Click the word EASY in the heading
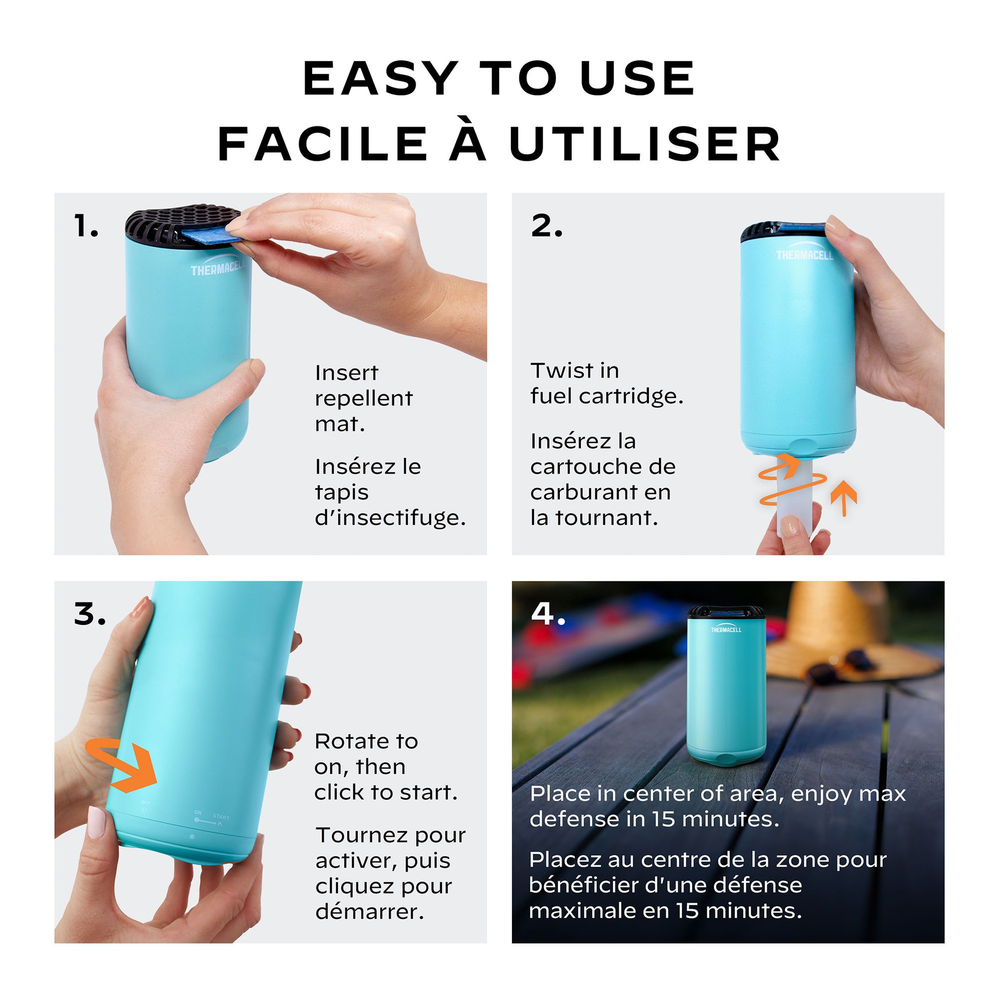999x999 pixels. pos(381,78)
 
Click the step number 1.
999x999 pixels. pos(86,226)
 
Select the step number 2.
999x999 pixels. pos(546,226)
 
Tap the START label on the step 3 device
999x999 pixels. pos(221,817)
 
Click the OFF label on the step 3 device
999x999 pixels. pos(146,802)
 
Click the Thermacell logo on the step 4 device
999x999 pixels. pos(726,629)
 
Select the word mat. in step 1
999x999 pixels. pos(340,424)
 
